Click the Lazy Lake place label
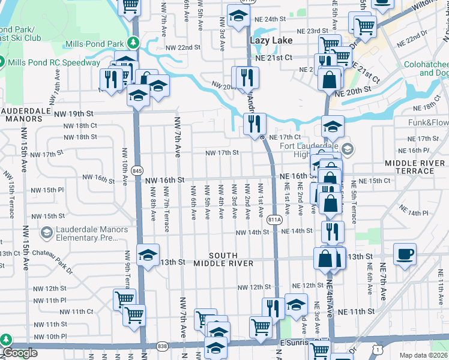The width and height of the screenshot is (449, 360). [x=271, y=40]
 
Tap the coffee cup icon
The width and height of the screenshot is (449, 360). [x=405, y=254]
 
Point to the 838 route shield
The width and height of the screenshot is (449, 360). [x=162, y=347]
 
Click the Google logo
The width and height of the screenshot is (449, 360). [x=20, y=353]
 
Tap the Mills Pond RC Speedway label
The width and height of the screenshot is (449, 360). [x=54, y=62]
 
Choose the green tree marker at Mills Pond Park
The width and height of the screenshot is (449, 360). [x=136, y=43]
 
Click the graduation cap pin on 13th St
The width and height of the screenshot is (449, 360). [x=148, y=254]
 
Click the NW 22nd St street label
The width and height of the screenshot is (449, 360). [x=179, y=47]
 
